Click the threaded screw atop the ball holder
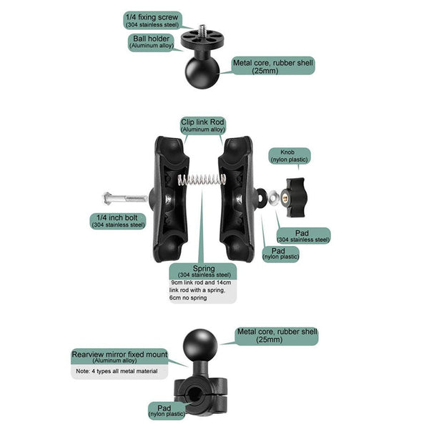(x=203, y=32)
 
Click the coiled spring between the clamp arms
(x=201, y=180)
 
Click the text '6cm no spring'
(x=188, y=297)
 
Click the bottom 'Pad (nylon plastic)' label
(x=166, y=409)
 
